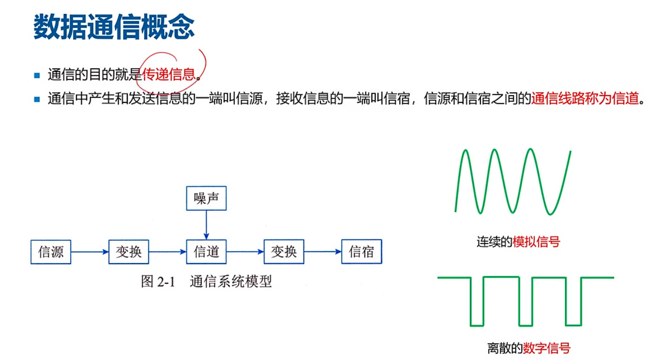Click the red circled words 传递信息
(x=169, y=74)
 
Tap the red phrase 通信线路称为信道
(x=586, y=99)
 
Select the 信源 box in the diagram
(x=51, y=252)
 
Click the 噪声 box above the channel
(x=206, y=199)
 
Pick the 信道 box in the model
(x=206, y=252)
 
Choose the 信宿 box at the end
(x=361, y=252)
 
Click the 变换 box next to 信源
(x=129, y=252)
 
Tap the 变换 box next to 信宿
(x=284, y=252)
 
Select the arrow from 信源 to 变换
(x=90, y=252)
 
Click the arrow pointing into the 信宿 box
(x=322, y=252)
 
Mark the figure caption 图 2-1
(x=157, y=282)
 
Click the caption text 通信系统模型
(x=231, y=282)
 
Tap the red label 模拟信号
(x=536, y=242)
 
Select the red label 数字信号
(x=547, y=348)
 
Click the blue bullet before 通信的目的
(x=37, y=75)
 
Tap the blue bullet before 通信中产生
(x=37, y=99)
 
